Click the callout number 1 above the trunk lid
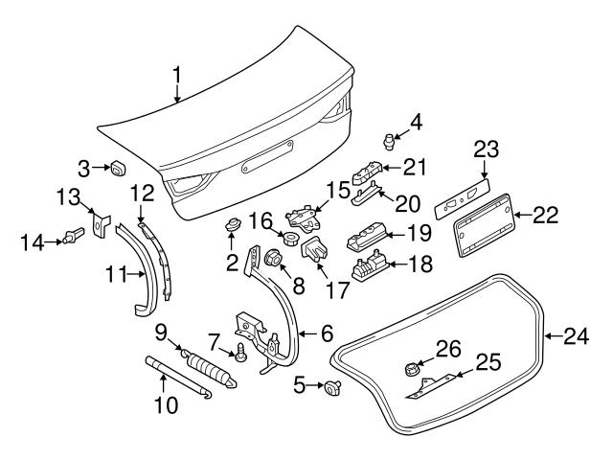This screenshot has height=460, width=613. click(176, 74)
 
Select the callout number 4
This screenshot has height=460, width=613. click(416, 122)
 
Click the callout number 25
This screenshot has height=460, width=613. click(488, 361)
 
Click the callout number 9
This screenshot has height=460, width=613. click(161, 332)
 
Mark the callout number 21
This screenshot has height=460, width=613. click(414, 168)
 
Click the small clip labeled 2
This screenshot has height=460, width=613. click(231, 226)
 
